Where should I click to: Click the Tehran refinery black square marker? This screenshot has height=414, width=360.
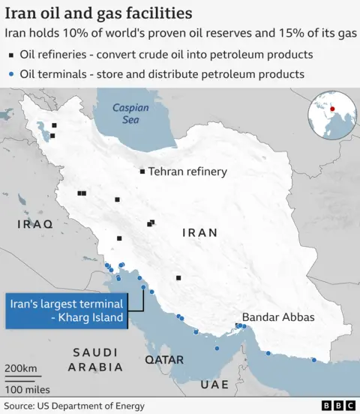click(142, 172)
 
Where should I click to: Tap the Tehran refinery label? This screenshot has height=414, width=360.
click(187, 172)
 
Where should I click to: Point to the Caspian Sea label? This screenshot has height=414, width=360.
click(131, 113)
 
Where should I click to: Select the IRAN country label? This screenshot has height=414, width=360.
click(200, 232)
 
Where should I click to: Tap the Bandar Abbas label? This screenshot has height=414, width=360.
click(278, 317)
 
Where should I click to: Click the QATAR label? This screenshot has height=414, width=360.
click(164, 360)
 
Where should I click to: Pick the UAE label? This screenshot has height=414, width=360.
click(214, 384)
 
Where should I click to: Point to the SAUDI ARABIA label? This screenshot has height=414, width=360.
click(95, 360)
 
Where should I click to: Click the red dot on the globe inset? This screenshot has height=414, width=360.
click(331, 109)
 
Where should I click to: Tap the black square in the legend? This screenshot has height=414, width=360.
click(10, 55)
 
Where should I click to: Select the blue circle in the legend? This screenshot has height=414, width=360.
click(10, 73)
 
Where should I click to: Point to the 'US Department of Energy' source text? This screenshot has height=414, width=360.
click(94, 406)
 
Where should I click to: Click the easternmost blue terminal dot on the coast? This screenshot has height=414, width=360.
click(313, 359)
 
